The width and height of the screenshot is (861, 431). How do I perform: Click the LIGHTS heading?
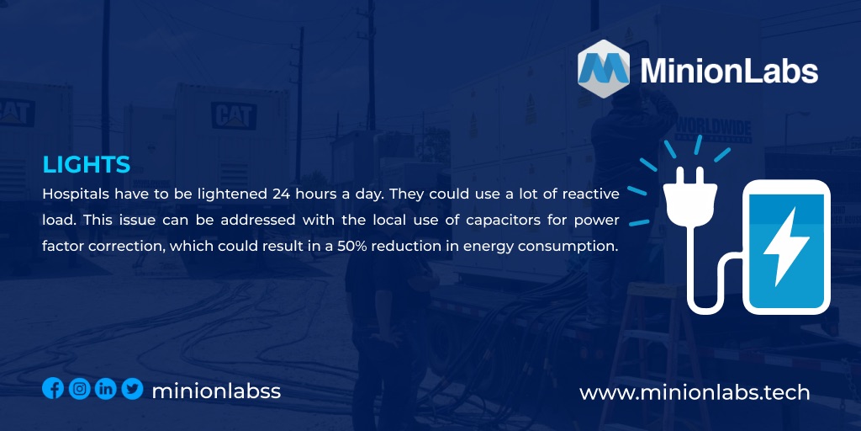click(x=86, y=164)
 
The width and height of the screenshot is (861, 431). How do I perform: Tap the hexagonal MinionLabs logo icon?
click(x=604, y=68)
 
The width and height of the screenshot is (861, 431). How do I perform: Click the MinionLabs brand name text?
click(x=729, y=71)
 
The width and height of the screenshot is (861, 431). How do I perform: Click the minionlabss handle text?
click(x=216, y=391)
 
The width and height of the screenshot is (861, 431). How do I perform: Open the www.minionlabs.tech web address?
click(x=695, y=392)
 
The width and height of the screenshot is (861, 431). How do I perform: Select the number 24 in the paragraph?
click(x=281, y=194)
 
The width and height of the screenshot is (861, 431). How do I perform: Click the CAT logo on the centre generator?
click(x=233, y=115)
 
